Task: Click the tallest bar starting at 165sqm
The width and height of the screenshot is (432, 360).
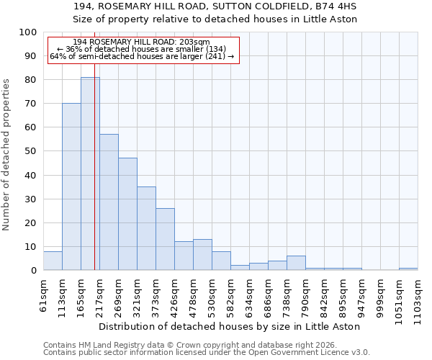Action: pos(90,174)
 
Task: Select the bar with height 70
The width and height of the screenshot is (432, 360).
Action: pos(71,186)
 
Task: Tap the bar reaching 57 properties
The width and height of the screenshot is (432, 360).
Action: pos(109,202)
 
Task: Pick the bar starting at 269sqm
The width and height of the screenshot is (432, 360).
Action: pos(127,214)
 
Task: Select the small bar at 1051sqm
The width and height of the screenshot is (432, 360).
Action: pos(408,269)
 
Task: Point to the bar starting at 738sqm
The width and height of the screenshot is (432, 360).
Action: pos(296,263)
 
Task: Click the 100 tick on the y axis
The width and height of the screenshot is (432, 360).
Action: pos(28,32)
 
